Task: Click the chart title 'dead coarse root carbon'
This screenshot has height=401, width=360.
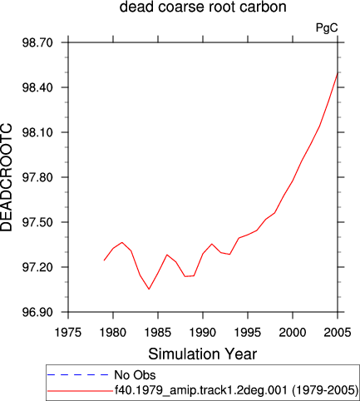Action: pos(203,7)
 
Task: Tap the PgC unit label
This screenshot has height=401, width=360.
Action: pos(327,27)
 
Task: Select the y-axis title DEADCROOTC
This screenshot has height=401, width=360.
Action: pos(6,177)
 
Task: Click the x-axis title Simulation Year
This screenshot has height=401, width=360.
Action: pos(203,354)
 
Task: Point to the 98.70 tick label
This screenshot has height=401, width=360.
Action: pos(37,43)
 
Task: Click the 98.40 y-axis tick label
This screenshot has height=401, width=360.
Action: pos(37,87)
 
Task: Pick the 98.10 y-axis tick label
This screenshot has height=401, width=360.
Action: pos(37,132)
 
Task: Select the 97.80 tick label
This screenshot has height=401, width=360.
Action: pos(37,177)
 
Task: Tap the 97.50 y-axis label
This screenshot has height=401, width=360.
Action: pos(37,222)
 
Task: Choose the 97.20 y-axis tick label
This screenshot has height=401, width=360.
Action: pos(37,267)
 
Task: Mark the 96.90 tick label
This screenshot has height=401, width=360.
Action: pos(37,312)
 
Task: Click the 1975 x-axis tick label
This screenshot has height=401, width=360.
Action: pos(68,332)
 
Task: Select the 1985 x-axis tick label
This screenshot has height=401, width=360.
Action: pos(158,332)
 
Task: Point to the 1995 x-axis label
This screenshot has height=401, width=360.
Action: pos(248,332)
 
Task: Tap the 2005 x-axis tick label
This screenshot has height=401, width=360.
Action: pos(338,332)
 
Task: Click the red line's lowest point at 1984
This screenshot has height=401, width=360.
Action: pos(149,289)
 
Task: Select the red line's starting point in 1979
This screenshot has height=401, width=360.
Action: pos(104,260)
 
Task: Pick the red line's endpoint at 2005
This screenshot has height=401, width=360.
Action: pos(338,72)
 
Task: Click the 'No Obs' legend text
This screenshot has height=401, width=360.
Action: pos(135,375)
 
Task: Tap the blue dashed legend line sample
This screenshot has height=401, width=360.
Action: pos(77,375)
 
